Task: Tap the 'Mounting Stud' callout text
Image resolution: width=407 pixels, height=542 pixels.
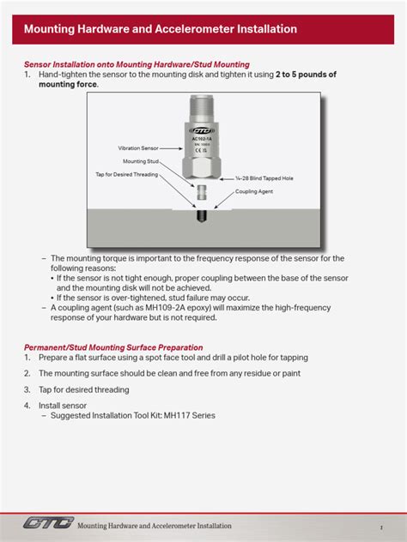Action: pos(140,161)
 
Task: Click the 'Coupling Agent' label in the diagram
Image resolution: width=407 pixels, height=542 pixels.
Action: pos(254,192)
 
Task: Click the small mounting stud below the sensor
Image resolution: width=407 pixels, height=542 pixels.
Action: pos(200,193)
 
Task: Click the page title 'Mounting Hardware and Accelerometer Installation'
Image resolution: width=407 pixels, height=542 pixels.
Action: pos(161,29)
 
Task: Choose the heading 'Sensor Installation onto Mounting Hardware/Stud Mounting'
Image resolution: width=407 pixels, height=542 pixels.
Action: pos(137,64)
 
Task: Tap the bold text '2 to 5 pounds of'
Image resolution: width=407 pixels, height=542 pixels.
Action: pos(306,75)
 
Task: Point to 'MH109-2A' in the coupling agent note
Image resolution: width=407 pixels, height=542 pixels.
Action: pos(167,307)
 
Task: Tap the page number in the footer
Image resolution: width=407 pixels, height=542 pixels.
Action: pos(380,526)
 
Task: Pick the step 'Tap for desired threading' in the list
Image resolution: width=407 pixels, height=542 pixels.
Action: pos(83,389)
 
